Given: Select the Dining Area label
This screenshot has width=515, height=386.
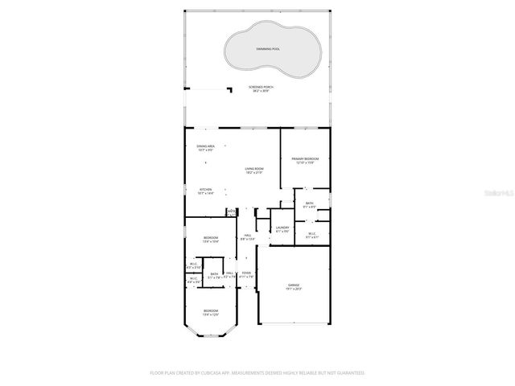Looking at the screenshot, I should pos(205,146).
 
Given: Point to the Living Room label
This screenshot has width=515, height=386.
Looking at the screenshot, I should pos(255,169).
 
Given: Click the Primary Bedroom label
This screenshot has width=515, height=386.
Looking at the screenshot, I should pos(305,159).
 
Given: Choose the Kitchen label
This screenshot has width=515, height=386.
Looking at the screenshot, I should pos(205,190).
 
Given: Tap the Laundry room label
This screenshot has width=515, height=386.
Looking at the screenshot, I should pos(282,228).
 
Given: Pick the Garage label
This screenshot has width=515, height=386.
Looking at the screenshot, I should pos(294,285).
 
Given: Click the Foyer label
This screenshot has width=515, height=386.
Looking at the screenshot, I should pos(246,273).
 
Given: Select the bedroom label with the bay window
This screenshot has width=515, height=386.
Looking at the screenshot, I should pos(210,310).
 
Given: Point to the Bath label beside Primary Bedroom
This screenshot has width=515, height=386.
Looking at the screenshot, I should pos(309,203).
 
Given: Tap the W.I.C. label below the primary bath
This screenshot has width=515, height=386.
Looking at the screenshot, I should pos(311,234).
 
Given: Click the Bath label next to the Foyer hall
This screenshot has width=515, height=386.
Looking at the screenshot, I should pos(214,274).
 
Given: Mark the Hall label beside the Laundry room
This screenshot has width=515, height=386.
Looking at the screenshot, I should pos(248,235).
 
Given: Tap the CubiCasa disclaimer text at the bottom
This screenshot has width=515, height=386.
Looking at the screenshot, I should pos(257,373).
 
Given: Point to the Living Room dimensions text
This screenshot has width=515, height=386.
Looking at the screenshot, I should pos(255,173).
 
